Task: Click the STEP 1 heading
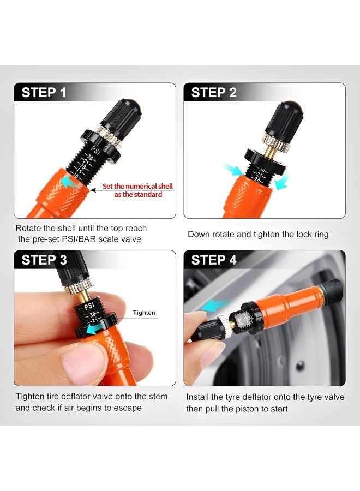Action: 44,93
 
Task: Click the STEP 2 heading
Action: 214,93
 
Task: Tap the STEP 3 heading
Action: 44,260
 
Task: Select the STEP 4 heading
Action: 214,260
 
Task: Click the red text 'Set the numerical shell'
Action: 137,187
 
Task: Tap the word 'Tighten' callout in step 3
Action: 144,313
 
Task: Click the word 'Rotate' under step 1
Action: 28,229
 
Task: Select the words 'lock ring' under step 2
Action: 311,234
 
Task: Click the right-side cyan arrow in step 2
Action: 279,184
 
